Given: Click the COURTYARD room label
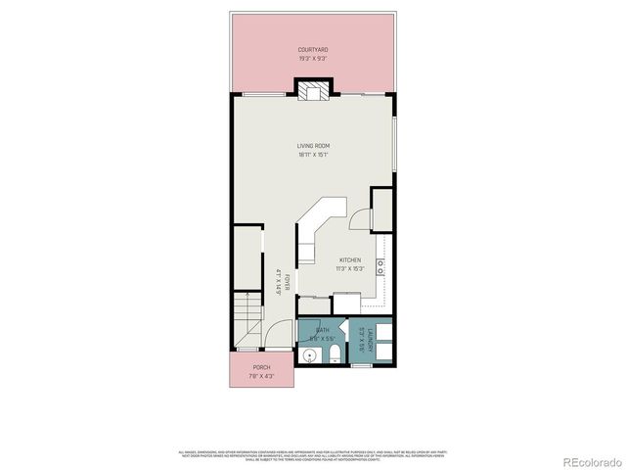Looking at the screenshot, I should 313,49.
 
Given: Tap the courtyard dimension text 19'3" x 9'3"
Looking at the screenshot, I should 313,58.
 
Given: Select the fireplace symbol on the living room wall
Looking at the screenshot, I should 314,91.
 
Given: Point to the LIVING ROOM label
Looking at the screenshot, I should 313,146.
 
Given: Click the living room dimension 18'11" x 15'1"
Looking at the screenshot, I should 313,155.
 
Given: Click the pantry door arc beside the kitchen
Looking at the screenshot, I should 359,221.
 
